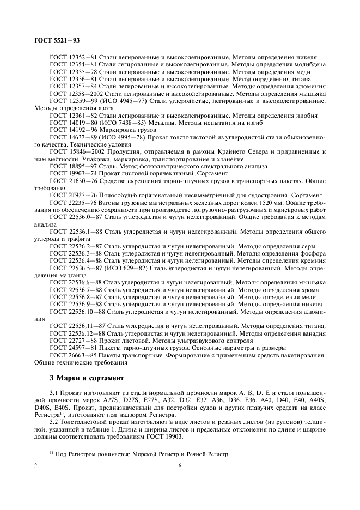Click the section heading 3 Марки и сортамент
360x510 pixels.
87,377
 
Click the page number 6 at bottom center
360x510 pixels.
180,466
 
